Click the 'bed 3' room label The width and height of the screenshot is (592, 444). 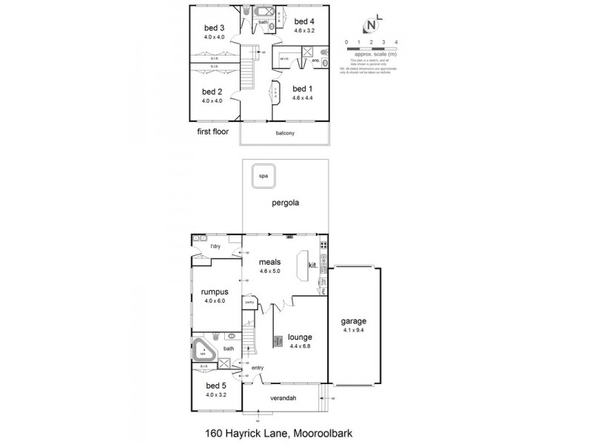coord(214,28)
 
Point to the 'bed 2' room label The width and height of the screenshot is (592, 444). coord(213,92)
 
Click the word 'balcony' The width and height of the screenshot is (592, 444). coord(284,133)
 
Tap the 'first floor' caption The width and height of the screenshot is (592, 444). coord(212,132)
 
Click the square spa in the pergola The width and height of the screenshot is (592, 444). coord(262,175)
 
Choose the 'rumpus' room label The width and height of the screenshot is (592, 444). coord(213,292)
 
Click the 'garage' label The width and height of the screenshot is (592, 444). coord(354,321)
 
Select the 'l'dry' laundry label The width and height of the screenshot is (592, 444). coord(215,246)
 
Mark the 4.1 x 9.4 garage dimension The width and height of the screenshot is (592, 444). coord(354,331)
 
